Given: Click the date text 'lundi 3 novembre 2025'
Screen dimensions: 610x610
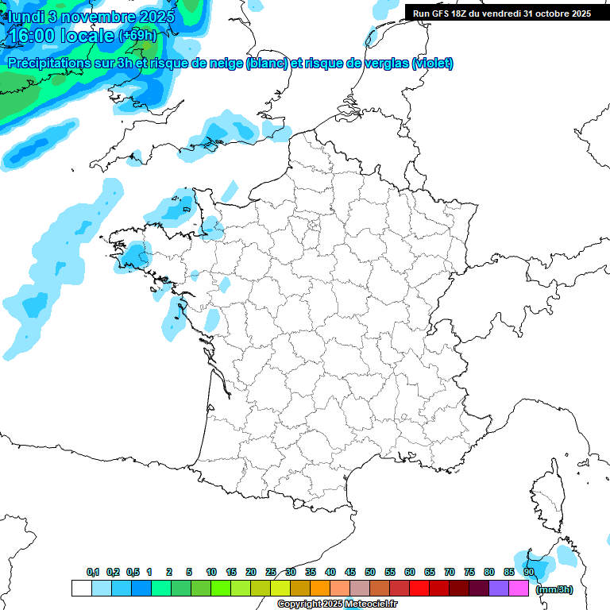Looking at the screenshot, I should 92,16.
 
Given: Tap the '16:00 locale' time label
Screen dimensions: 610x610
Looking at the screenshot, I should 61,36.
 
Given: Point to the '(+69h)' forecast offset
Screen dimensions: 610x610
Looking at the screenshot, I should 138,36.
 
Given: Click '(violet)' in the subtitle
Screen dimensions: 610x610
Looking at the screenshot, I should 432,64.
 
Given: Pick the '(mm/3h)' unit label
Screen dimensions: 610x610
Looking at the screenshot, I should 554,589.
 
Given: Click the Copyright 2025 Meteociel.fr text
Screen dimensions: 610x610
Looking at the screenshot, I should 338,604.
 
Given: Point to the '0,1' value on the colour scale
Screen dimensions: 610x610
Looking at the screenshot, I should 93,572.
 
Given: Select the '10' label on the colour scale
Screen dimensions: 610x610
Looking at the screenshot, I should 210,572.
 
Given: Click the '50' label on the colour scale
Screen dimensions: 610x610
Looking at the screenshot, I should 370,572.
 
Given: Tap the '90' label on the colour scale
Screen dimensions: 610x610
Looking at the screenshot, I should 528,572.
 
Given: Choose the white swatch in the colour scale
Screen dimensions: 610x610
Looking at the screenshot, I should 81,588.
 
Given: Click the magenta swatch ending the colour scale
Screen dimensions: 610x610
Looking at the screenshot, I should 519,588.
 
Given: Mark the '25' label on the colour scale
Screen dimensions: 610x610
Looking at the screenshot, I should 271,572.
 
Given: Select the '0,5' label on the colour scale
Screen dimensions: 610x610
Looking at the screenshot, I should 133,572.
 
